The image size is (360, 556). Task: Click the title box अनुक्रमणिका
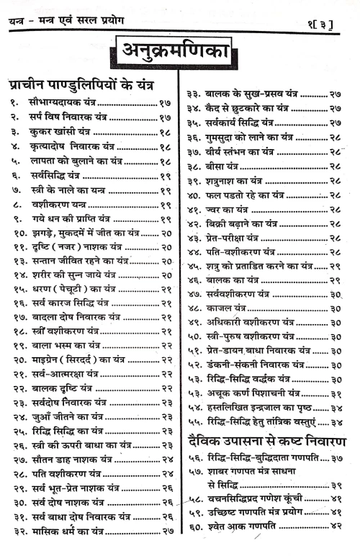179,54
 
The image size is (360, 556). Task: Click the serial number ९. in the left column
15,219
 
